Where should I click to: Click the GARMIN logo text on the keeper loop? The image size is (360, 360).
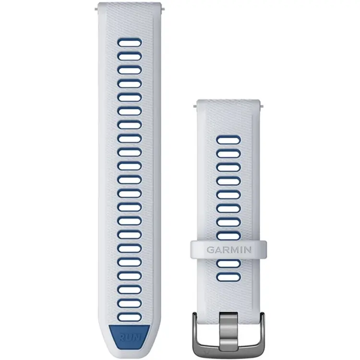click(x=229, y=250)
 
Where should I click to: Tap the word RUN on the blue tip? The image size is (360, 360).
click(x=130, y=337)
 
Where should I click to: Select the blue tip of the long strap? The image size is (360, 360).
click(x=129, y=336)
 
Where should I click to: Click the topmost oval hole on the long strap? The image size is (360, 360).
click(x=130, y=42)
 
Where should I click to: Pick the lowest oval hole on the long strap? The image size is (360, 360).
click(x=130, y=317)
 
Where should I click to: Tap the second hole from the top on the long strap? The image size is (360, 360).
click(x=130, y=56)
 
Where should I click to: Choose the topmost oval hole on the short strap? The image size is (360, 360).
click(x=228, y=140)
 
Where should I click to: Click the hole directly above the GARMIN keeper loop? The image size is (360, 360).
click(x=228, y=236)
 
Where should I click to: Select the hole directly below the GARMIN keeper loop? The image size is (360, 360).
click(x=228, y=264)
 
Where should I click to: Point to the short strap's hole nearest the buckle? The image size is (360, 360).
click(x=228, y=277)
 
